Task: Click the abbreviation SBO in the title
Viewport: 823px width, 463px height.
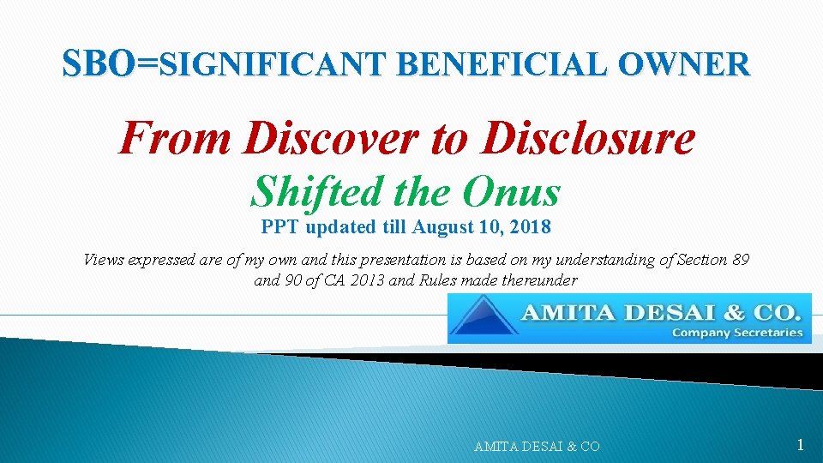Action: click(99, 63)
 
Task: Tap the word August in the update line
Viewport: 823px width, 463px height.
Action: click(440, 228)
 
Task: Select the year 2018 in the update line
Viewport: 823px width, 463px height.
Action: click(532, 228)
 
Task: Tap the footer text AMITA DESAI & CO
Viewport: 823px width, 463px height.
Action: click(537, 446)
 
